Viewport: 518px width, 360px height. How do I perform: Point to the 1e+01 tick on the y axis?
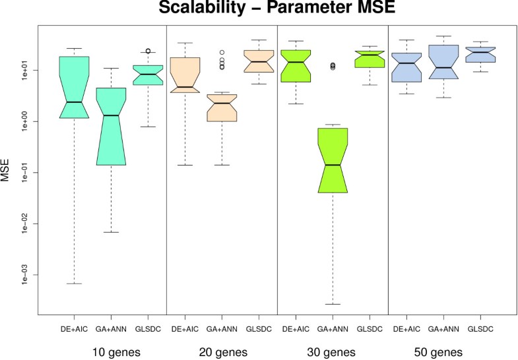click(x=28, y=70)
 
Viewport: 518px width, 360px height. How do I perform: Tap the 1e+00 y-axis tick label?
click(x=28, y=121)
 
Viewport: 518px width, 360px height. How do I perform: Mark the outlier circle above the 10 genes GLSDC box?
click(x=148, y=51)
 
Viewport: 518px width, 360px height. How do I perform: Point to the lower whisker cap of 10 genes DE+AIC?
click(x=74, y=284)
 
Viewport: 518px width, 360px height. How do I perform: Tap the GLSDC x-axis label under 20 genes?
click(x=259, y=328)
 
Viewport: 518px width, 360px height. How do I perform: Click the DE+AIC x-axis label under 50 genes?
click(x=406, y=328)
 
